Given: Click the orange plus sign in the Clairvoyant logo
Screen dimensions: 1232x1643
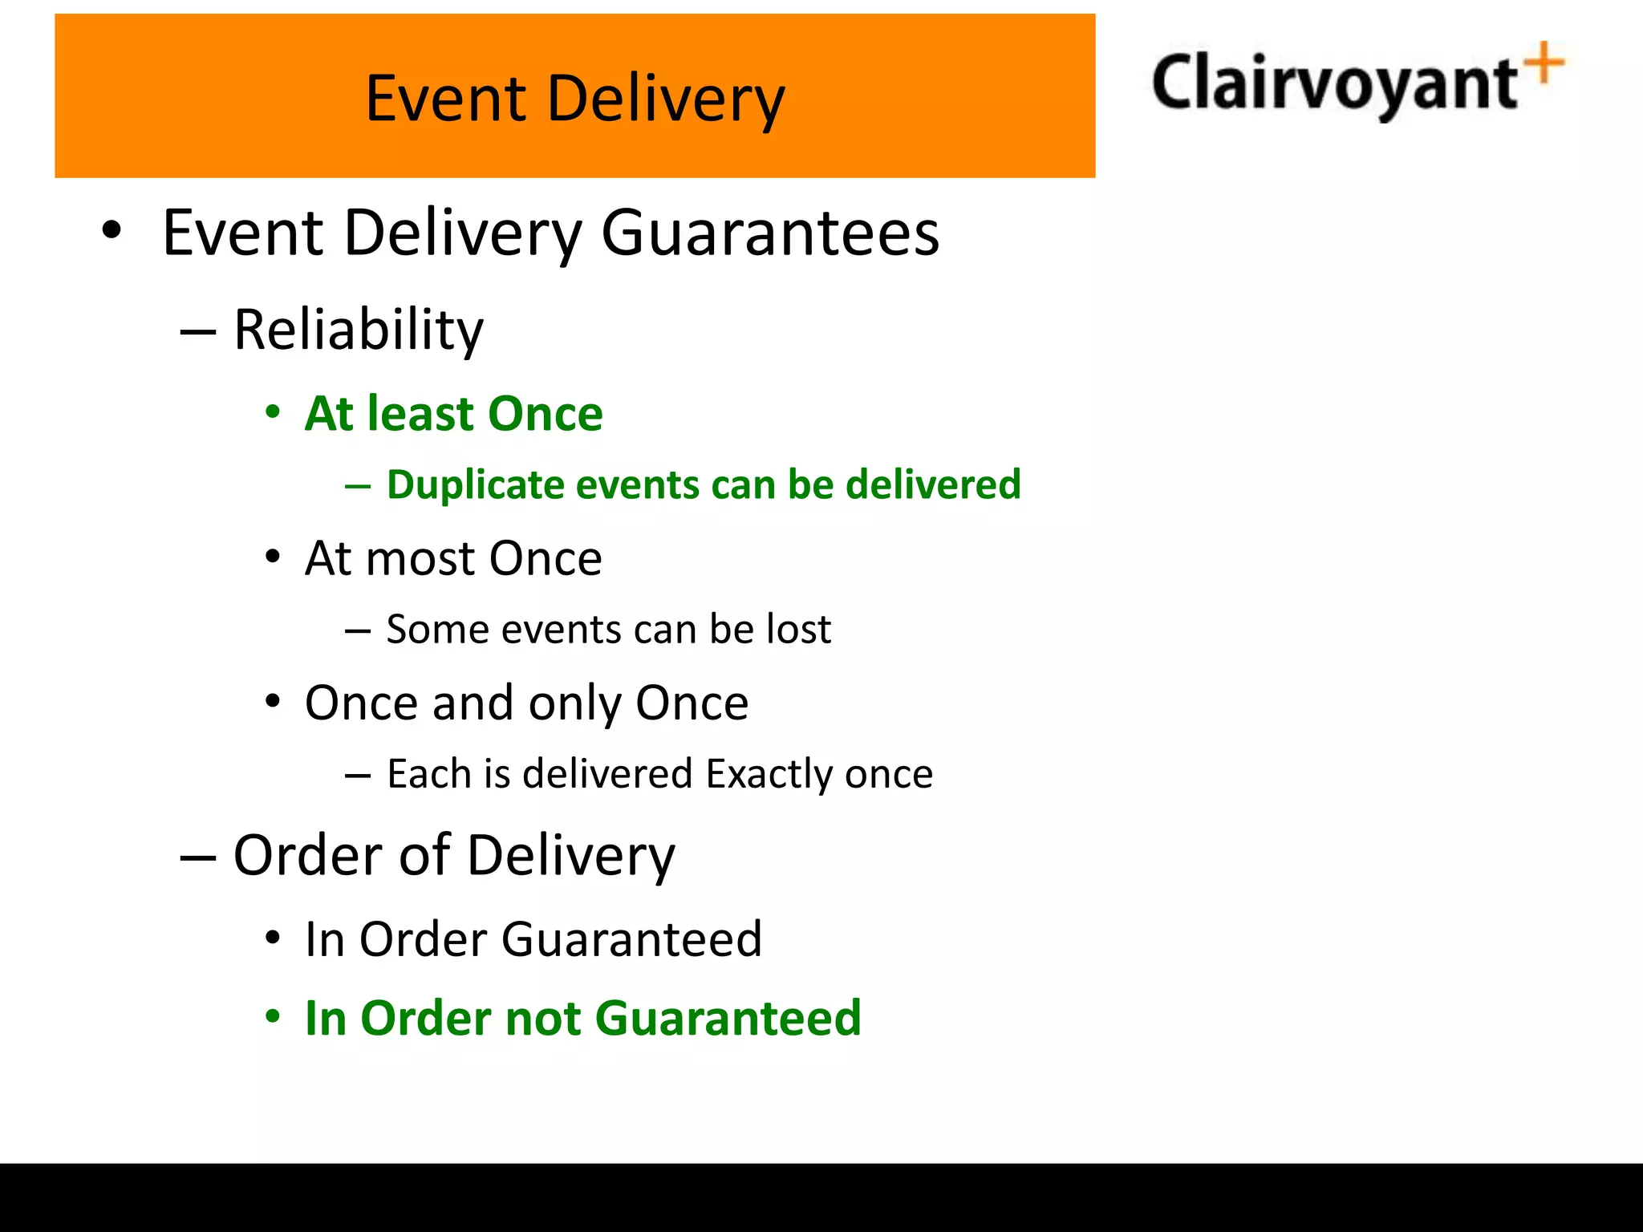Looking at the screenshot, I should pyautogui.click(x=1545, y=63).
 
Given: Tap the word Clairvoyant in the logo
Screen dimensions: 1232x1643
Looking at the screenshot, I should pyautogui.click(x=1334, y=84).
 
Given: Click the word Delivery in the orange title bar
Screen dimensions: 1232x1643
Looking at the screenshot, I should pyautogui.click(x=666, y=99).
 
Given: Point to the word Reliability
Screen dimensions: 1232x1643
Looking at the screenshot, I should pyautogui.click(x=359, y=330).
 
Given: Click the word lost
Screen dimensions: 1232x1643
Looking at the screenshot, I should pyautogui.click(x=798, y=629).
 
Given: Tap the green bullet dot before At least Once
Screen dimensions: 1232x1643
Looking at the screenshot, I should pyautogui.click(x=274, y=414).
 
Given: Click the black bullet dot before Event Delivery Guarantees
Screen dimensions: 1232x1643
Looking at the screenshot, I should pyautogui.click(x=112, y=232).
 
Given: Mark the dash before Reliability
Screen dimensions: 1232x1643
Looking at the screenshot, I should pyautogui.click(x=198, y=331).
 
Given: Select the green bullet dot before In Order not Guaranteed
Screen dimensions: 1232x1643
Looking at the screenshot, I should pyautogui.click(x=274, y=1018).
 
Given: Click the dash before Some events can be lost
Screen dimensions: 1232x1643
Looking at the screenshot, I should pyautogui.click(x=358, y=631).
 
